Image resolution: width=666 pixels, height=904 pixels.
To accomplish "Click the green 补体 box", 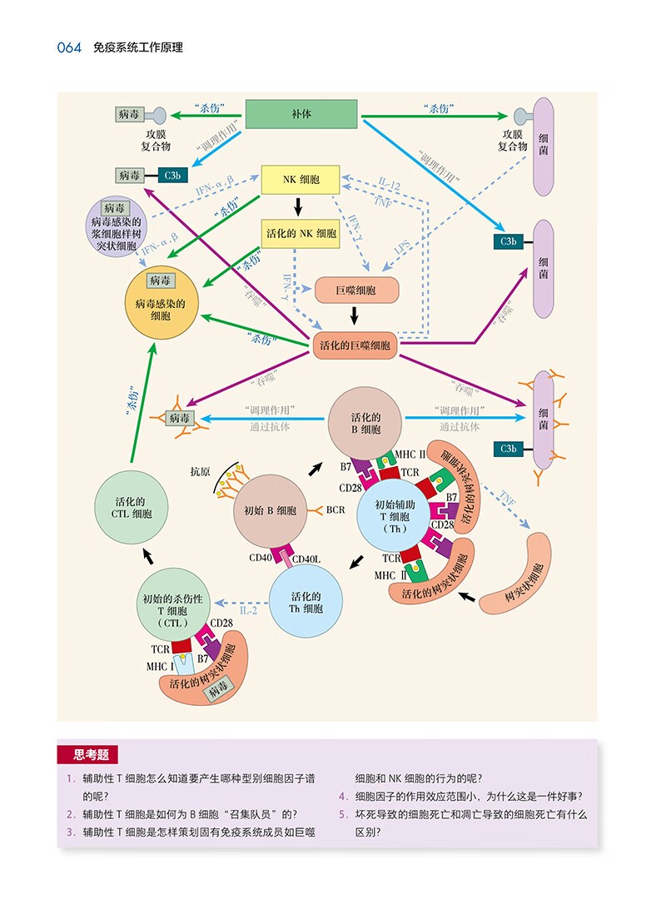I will tap(301, 115).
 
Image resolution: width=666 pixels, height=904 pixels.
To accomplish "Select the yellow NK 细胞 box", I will tap(301, 180).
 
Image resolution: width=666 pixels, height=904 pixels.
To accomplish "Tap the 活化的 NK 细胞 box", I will tap(301, 234).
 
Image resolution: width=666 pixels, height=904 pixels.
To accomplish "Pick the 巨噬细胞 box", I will tap(356, 291).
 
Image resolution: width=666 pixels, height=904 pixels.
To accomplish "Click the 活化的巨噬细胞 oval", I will tap(355, 345).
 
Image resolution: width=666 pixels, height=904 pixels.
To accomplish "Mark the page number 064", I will tap(69, 47).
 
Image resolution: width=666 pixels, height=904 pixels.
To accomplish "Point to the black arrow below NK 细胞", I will tap(301, 207).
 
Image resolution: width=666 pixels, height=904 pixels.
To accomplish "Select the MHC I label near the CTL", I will tap(161, 668).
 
